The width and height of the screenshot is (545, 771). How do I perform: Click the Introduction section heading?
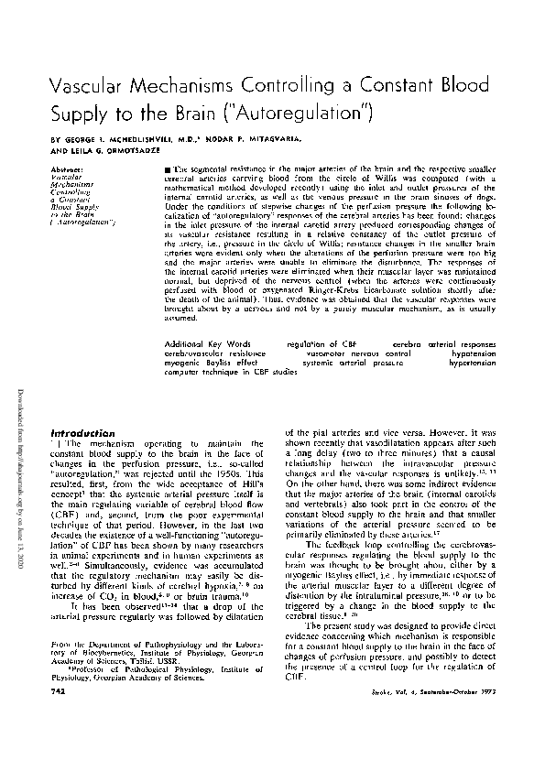point(83,432)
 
